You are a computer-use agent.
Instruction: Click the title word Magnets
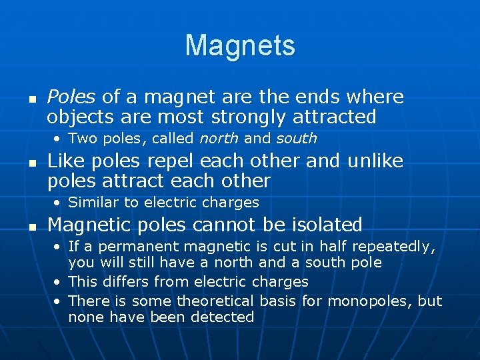(x=240, y=45)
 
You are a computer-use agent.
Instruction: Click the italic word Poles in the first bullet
(x=71, y=97)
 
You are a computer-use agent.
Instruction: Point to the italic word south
(x=297, y=139)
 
